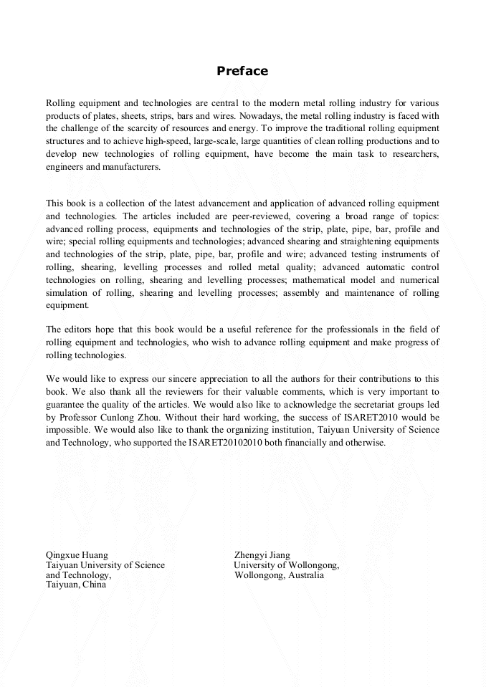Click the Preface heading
click(242, 71)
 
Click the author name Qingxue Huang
click(77, 554)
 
